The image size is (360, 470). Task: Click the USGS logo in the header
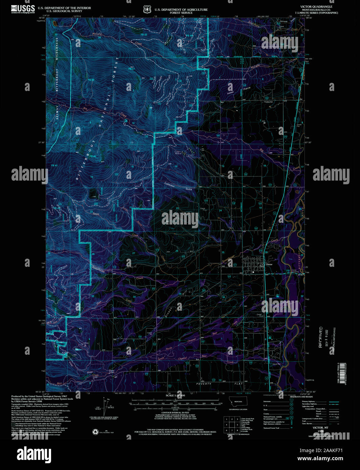coord(23,9)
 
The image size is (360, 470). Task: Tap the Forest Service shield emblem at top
coord(147,10)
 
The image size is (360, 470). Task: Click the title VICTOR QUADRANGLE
coord(316,7)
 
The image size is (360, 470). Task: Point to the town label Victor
coord(269,264)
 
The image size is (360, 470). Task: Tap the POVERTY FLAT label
coord(220,384)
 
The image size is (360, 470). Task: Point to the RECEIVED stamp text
coord(320,337)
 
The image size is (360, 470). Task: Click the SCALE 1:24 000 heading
coord(175,395)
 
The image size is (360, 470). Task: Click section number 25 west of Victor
coord(223,253)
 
